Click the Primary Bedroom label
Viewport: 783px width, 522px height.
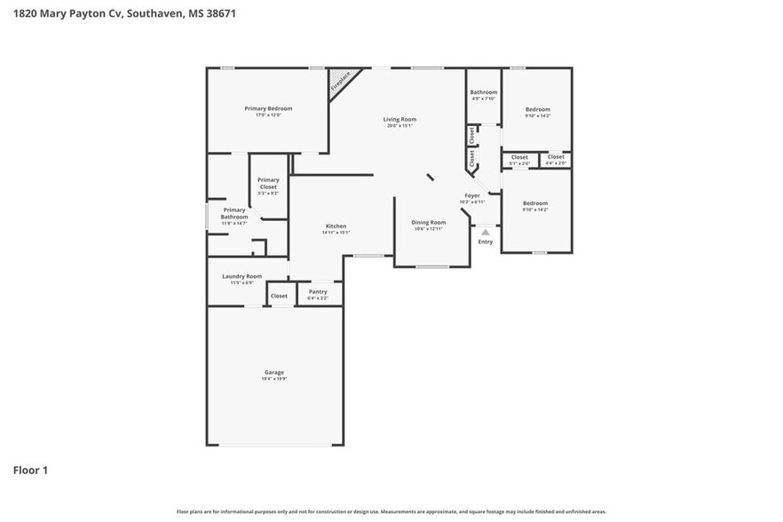click(268, 108)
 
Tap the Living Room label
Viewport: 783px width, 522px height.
click(399, 119)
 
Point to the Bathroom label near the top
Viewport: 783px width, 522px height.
click(484, 92)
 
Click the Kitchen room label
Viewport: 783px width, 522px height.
click(336, 226)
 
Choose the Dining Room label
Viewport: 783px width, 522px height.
click(428, 223)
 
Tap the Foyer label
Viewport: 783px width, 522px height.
click(472, 195)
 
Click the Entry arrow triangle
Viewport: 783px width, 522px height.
click(486, 232)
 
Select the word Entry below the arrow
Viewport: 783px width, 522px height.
click(486, 241)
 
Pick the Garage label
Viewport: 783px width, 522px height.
click(274, 372)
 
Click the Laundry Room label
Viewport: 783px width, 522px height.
click(241, 276)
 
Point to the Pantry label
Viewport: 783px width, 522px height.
click(318, 291)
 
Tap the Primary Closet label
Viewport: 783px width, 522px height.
click(268, 184)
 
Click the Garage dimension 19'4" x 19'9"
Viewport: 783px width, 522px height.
click(274, 379)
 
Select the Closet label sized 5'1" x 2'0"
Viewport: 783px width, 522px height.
click(519, 157)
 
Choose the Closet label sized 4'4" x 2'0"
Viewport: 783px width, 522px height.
click(556, 157)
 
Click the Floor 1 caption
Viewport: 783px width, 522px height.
click(30, 470)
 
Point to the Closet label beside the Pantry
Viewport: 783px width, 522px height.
click(279, 296)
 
